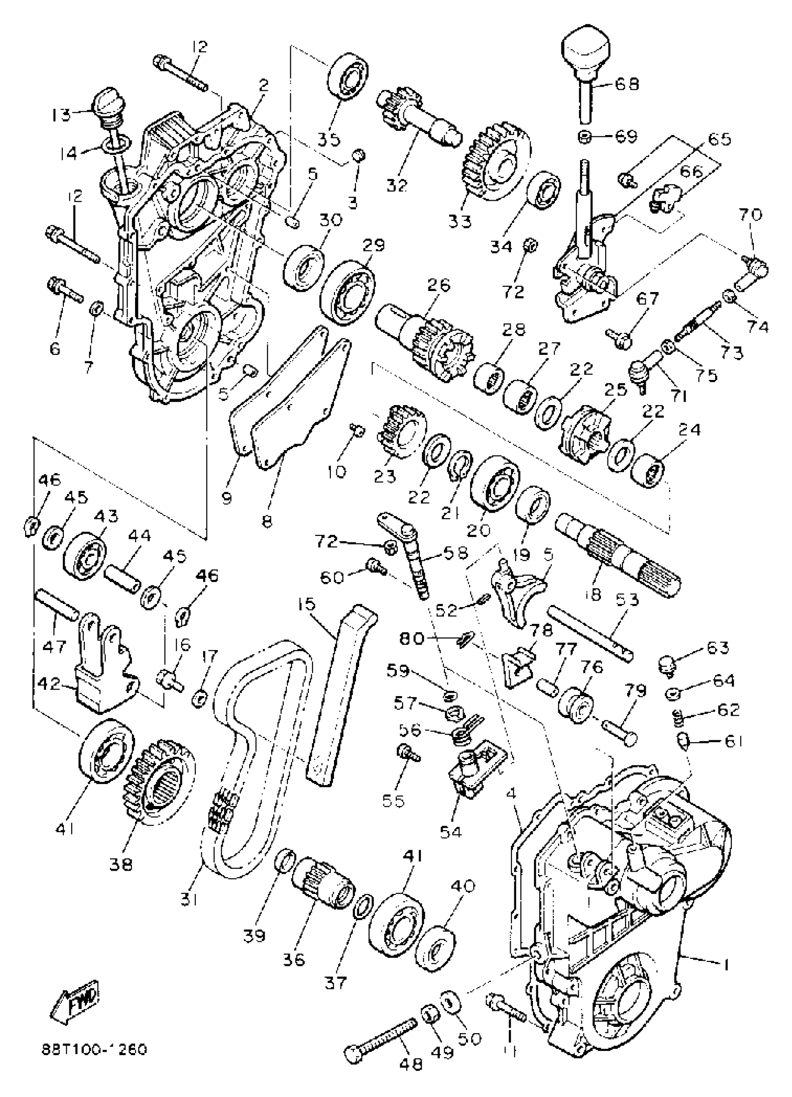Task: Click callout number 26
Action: coord(438,285)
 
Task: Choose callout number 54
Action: coord(450,832)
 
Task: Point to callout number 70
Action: coord(750,214)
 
